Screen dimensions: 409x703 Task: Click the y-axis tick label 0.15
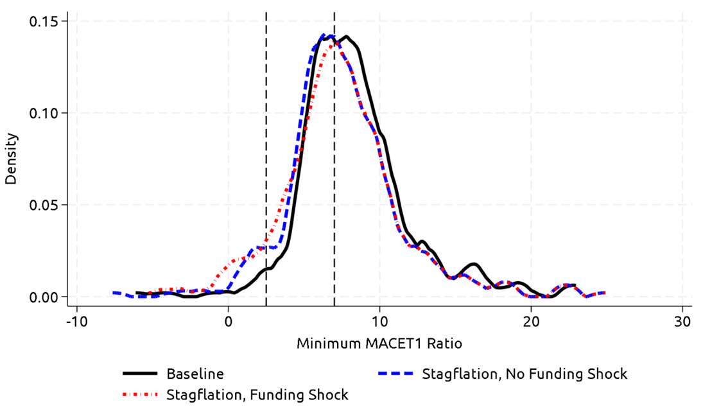43,21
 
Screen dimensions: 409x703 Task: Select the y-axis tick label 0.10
43,113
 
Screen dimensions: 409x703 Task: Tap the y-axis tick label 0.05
43,205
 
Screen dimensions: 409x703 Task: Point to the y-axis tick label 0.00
43,297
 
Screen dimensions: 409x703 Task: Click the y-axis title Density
11,159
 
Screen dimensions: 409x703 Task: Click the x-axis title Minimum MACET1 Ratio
379,344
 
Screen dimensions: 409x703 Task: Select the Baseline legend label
195,374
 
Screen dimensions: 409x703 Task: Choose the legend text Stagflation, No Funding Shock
525,374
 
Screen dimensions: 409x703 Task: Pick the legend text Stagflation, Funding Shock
257,394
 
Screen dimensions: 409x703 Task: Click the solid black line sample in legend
139,374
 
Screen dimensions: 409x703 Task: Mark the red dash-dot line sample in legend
139,394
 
